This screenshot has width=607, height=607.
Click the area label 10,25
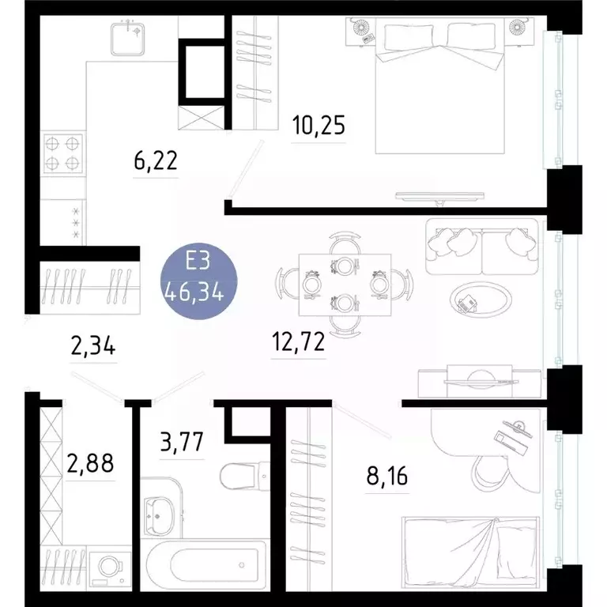point(319,126)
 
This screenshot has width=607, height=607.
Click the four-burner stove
point(62,153)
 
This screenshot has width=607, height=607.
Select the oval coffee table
point(479,300)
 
